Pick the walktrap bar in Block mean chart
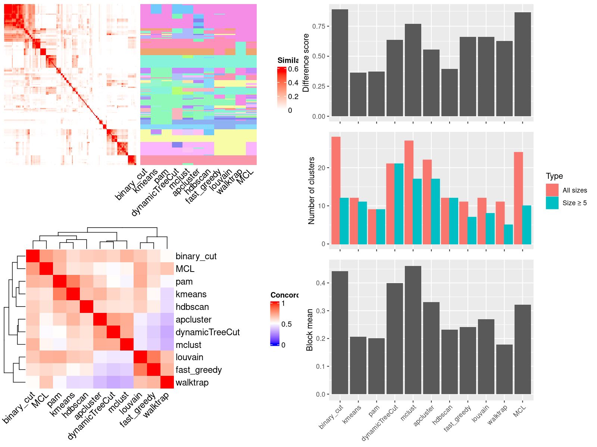pyautogui.click(x=504, y=369)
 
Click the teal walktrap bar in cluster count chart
pyautogui.click(x=508, y=234)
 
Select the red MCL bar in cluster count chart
pyautogui.click(x=518, y=198)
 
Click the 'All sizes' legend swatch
pyautogui.click(x=552, y=190)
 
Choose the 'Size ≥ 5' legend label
pyautogui.click(x=574, y=203)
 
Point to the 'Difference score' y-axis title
pyautogui.click(x=306, y=63)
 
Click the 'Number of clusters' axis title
pyautogui.click(x=312, y=190)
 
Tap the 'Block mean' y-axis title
pyautogui.click(x=310, y=330)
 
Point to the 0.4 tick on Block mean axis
pyautogui.click(x=321, y=283)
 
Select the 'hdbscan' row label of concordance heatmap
pyautogui.click(x=192, y=307)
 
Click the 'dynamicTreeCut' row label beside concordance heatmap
pyautogui.click(x=207, y=332)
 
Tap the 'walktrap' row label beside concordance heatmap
pyautogui.click(x=192, y=383)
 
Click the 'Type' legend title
pyautogui.click(x=554, y=176)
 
